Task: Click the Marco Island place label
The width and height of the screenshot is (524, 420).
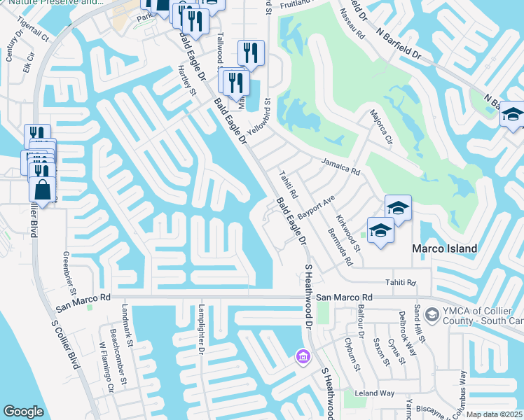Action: coord(444,248)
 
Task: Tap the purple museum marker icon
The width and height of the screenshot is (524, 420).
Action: coord(303,358)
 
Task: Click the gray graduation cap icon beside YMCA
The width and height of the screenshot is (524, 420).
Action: coord(432,313)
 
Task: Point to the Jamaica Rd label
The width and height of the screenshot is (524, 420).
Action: coord(340,165)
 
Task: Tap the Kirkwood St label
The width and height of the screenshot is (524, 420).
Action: coord(347,234)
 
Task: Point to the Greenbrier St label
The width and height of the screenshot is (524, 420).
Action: coord(69,273)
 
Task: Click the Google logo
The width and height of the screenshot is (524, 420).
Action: coord(23,412)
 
